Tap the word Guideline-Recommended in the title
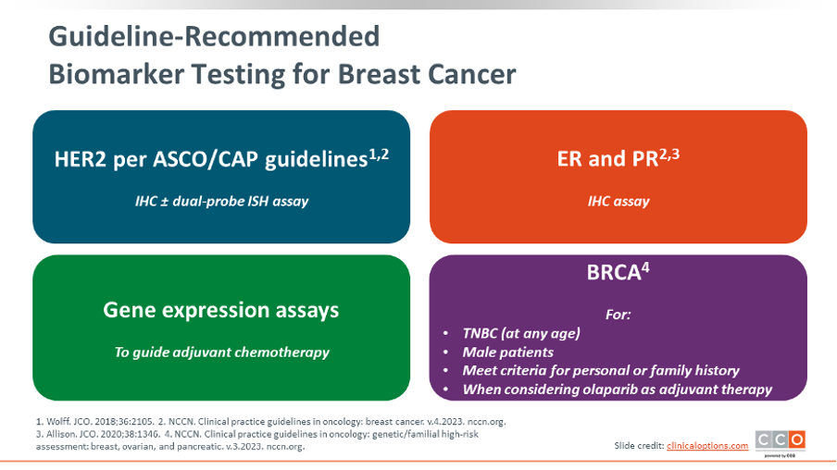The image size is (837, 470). [x=214, y=36]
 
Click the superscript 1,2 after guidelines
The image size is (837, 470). [x=379, y=155]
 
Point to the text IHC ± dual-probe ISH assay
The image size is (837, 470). [x=221, y=201]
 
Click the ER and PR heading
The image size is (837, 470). [x=608, y=159]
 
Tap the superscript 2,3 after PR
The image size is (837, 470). [x=669, y=155]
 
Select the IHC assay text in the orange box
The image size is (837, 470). [x=618, y=201]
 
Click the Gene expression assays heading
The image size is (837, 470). [x=221, y=311]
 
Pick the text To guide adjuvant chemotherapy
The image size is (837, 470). [x=221, y=352]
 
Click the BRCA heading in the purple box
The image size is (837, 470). [x=613, y=273]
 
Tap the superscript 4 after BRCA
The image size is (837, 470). [x=645, y=267]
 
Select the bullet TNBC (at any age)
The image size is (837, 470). [x=521, y=333]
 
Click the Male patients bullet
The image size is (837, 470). [x=507, y=352]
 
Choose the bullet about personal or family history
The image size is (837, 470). [x=601, y=371]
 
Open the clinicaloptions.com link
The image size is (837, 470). [x=707, y=445]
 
